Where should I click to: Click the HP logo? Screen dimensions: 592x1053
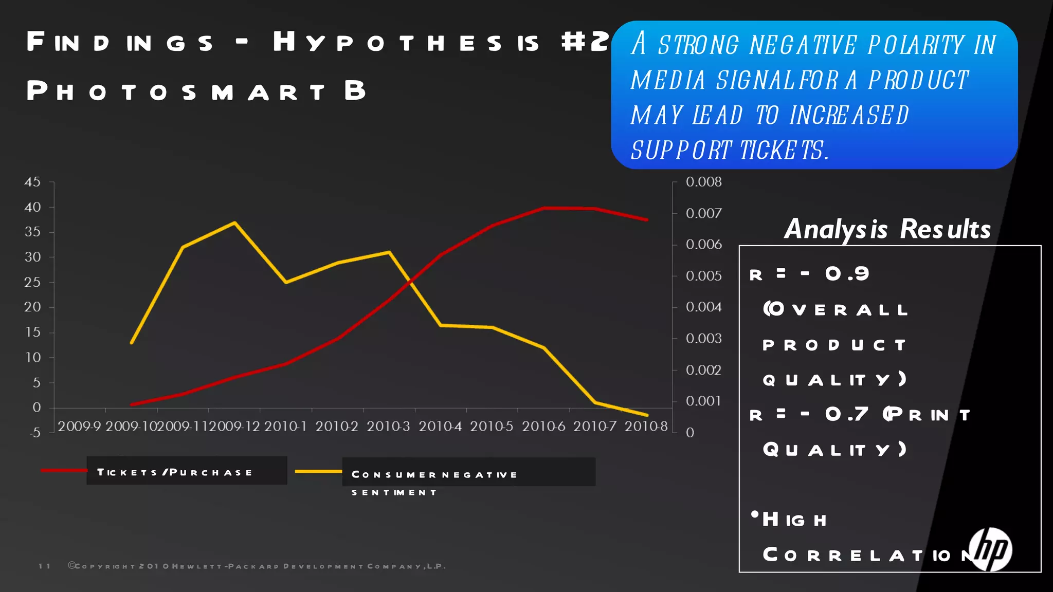990,549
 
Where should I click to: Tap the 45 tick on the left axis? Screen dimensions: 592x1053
32,182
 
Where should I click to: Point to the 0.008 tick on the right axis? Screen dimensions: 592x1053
703,182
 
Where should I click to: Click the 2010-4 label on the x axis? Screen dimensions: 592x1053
440,426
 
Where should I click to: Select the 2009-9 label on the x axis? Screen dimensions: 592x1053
79,426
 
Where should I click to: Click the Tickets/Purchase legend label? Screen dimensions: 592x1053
175,472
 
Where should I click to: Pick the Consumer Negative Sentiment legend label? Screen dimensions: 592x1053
434,475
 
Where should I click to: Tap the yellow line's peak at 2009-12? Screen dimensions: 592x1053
235,223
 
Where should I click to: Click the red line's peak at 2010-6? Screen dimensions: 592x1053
544,208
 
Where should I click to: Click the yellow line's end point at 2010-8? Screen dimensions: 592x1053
647,415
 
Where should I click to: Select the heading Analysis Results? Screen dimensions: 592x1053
887,229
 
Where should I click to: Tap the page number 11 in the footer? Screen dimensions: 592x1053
45,566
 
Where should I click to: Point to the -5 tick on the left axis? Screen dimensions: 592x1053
34,433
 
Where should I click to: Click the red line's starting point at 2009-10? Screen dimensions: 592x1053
132,404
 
